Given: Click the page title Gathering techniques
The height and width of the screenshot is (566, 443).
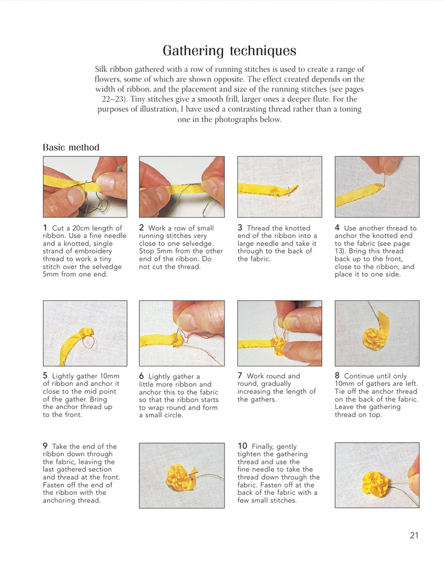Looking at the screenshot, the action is [230, 51].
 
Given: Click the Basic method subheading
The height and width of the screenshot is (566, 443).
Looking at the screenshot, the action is [71, 147].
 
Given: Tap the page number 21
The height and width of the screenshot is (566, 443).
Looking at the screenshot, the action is [414, 535].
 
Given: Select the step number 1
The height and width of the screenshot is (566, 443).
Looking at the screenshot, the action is [45, 228].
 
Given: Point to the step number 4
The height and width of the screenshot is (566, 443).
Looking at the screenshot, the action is [337, 228].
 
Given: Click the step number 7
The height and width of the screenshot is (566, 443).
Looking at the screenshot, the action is [239, 376].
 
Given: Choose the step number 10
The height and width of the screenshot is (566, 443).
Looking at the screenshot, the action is [242, 446].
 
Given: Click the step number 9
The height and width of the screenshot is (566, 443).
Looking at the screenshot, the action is [45, 446].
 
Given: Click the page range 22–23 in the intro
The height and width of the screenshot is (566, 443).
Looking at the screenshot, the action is [113, 99].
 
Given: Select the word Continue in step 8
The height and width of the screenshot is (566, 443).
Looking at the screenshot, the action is [358, 376].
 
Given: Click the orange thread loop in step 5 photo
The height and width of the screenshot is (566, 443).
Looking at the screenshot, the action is [88, 342].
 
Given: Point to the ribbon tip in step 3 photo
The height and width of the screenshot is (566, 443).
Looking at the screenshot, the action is [295, 187].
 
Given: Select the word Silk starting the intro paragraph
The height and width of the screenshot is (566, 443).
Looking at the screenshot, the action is [101, 69].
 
